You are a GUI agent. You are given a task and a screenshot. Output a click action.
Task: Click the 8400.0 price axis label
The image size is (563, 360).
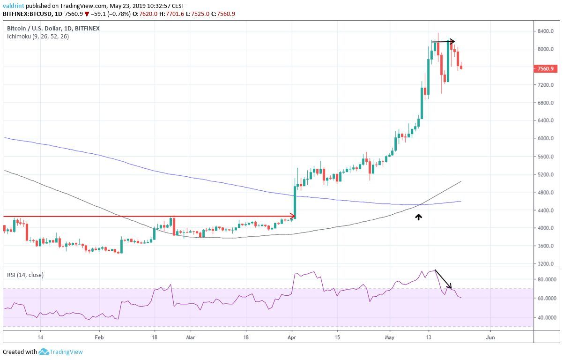545,31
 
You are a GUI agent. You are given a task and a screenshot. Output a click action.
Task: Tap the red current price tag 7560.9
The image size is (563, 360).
545,69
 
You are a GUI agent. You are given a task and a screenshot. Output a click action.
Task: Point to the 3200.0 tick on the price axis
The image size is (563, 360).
545,263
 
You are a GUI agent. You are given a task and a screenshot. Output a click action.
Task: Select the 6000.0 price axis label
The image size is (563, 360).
545,138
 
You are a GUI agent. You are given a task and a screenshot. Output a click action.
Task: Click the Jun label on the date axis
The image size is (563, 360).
490,337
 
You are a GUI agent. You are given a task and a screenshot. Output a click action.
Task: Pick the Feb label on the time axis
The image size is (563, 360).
99,337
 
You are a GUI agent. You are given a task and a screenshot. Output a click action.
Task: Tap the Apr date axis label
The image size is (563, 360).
292,337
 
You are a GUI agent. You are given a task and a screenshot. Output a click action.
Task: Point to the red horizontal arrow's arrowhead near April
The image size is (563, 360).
293,216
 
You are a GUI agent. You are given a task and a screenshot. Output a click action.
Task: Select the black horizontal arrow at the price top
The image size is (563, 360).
443,42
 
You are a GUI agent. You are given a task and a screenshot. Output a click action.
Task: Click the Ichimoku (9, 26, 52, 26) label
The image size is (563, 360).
37,36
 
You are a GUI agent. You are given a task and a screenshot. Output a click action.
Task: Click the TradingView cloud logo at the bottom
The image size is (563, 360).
44,352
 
